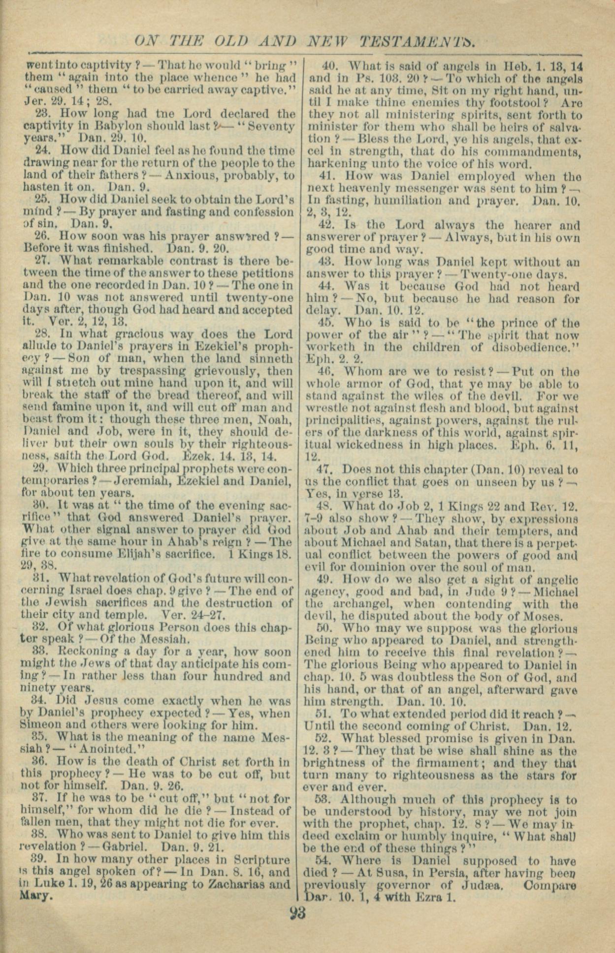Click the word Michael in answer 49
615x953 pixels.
click(x=558, y=592)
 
